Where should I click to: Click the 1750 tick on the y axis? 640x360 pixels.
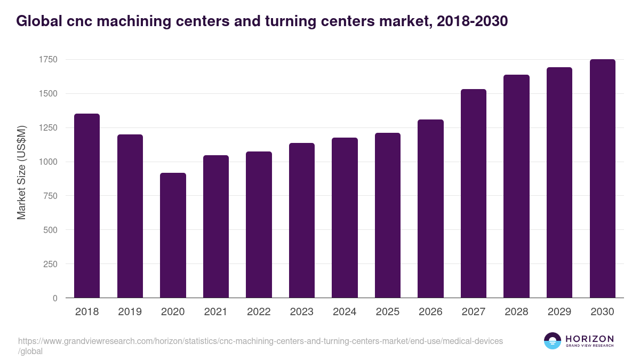pos(47,59)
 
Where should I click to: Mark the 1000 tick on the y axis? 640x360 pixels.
pos(47,162)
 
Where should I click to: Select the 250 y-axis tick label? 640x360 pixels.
pos(50,264)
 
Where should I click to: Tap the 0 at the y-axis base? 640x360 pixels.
pos(55,298)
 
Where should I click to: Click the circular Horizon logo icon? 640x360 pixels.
pos(553,341)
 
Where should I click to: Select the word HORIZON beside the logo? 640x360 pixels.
pos(589,338)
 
